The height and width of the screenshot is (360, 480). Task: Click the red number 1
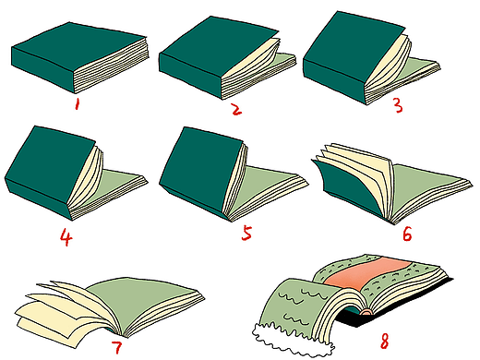pyautogui.click(x=77, y=104)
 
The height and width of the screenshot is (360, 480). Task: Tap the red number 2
pyautogui.click(x=236, y=109)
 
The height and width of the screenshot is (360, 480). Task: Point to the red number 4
pyautogui.click(x=66, y=237)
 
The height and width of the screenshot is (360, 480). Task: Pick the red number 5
pyautogui.click(x=246, y=233)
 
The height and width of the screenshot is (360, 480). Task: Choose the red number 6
pyautogui.click(x=407, y=234)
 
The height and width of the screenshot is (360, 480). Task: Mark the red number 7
pyautogui.click(x=117, y=347)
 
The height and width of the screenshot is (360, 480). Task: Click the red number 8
pyautogui.click(x=384, y=341)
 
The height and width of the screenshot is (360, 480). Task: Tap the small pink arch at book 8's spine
pyautogui.click(x=366, y=312)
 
